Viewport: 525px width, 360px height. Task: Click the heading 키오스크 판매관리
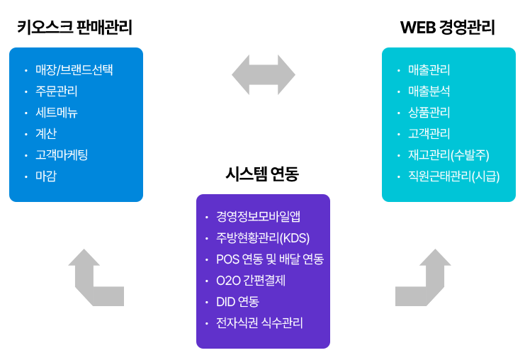(74, 28)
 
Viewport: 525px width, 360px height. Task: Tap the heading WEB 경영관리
(447, 28)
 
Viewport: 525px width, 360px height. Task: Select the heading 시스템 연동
(262, 174)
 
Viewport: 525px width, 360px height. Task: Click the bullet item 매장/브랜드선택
(74, 69)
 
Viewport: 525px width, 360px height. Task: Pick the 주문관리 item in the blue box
(56, 91)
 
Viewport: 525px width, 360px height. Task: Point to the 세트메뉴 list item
(56, 112)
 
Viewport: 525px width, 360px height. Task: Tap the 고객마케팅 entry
(62, 154)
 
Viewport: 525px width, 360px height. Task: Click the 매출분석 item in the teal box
(429, 91)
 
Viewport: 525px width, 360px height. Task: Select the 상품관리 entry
(429, 112)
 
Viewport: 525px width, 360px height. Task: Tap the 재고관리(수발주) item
(448, 154)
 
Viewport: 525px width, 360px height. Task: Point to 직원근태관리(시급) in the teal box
(453, 176)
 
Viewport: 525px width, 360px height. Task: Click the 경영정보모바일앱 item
(258, 216)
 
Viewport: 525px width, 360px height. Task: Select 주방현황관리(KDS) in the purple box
(263, 237)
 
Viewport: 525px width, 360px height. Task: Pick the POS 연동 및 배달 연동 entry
(269, 259)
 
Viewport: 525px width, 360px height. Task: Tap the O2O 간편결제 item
(250, 280)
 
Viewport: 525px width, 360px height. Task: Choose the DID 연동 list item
(237, 302)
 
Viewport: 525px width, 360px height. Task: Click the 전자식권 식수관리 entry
(259, 323)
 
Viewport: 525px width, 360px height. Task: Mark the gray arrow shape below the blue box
(94, 277)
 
